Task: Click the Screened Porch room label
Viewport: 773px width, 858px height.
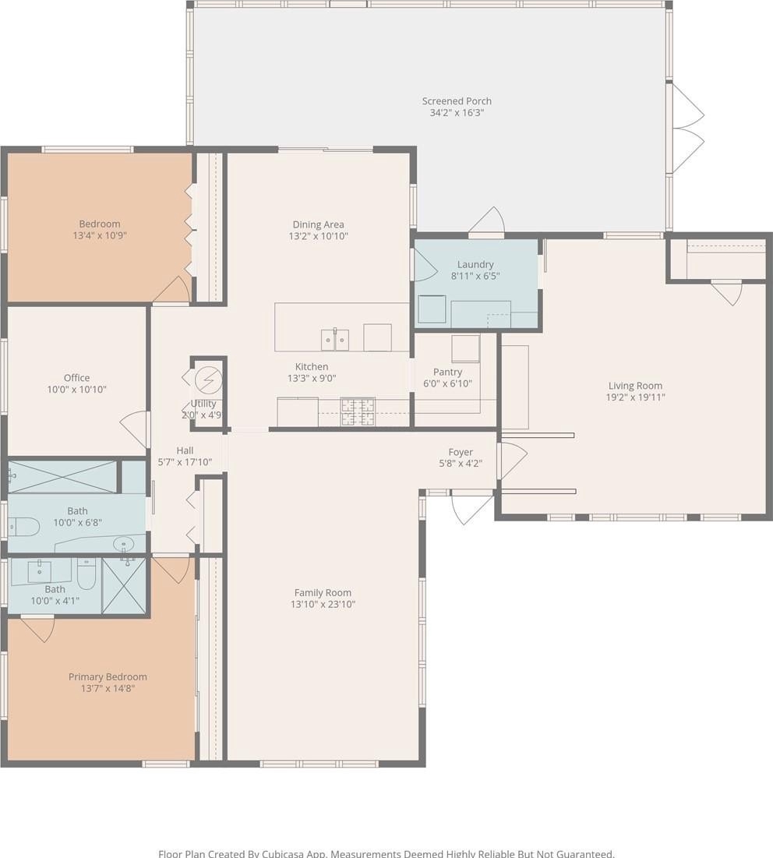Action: (457, 101)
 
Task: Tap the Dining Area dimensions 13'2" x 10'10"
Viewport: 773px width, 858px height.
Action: (319, 236)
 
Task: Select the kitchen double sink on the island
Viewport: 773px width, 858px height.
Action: (335, 339)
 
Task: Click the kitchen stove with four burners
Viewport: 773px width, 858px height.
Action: (358, 412)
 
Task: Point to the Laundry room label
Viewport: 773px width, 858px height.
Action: (475, 265)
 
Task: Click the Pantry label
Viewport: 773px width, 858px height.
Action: (447, 372)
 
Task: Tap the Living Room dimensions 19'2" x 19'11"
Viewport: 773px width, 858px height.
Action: (635, 397)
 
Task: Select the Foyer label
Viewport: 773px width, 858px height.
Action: (461, 453)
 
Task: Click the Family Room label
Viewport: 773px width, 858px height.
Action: (323, 592)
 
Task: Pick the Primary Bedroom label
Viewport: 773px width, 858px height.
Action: (108, 677)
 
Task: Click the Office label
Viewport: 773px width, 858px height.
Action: (76, 377)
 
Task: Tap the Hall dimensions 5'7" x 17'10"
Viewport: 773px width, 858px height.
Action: (185, 462)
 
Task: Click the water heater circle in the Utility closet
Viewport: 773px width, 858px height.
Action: (208, 380)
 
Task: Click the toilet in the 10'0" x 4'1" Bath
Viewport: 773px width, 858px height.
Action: (87, 573)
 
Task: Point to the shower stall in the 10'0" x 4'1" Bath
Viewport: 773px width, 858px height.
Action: (124, 585)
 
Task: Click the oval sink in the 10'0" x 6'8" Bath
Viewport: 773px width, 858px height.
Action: (124, 544)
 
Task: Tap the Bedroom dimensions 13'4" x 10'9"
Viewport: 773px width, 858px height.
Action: (100, 236)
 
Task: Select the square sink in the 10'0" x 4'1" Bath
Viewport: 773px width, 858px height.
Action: (40, 572)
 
